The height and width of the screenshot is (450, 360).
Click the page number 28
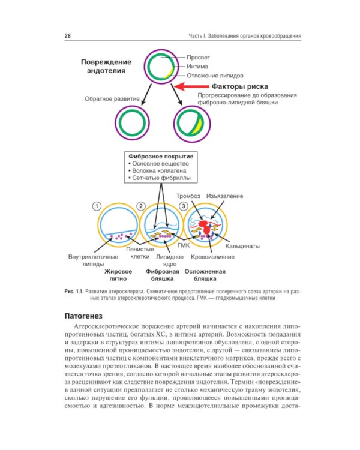[68, 36]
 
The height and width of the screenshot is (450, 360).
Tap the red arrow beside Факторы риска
[191, 86]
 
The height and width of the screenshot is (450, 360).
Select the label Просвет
[199, 58]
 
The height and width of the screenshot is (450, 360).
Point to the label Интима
[197, 67]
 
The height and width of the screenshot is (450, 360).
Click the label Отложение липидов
[215, 76]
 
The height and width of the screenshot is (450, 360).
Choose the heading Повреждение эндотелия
[106, 66]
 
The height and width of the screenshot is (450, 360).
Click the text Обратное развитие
[112, 99]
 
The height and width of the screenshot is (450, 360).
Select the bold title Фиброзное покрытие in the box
[161, 157]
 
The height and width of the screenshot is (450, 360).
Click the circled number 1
[97, 206]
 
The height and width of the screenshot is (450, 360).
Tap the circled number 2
[140, 206]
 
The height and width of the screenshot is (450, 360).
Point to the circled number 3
[184, 206]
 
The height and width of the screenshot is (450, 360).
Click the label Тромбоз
[188, 196]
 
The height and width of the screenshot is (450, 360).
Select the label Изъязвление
[224, 196]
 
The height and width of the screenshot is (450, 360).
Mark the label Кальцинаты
[242, 246]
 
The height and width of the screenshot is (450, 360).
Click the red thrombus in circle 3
[205, 227]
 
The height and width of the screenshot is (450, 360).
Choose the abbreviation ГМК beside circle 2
[184, 245]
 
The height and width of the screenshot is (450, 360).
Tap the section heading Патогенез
[83, 316]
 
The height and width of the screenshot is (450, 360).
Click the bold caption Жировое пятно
[118, 275]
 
